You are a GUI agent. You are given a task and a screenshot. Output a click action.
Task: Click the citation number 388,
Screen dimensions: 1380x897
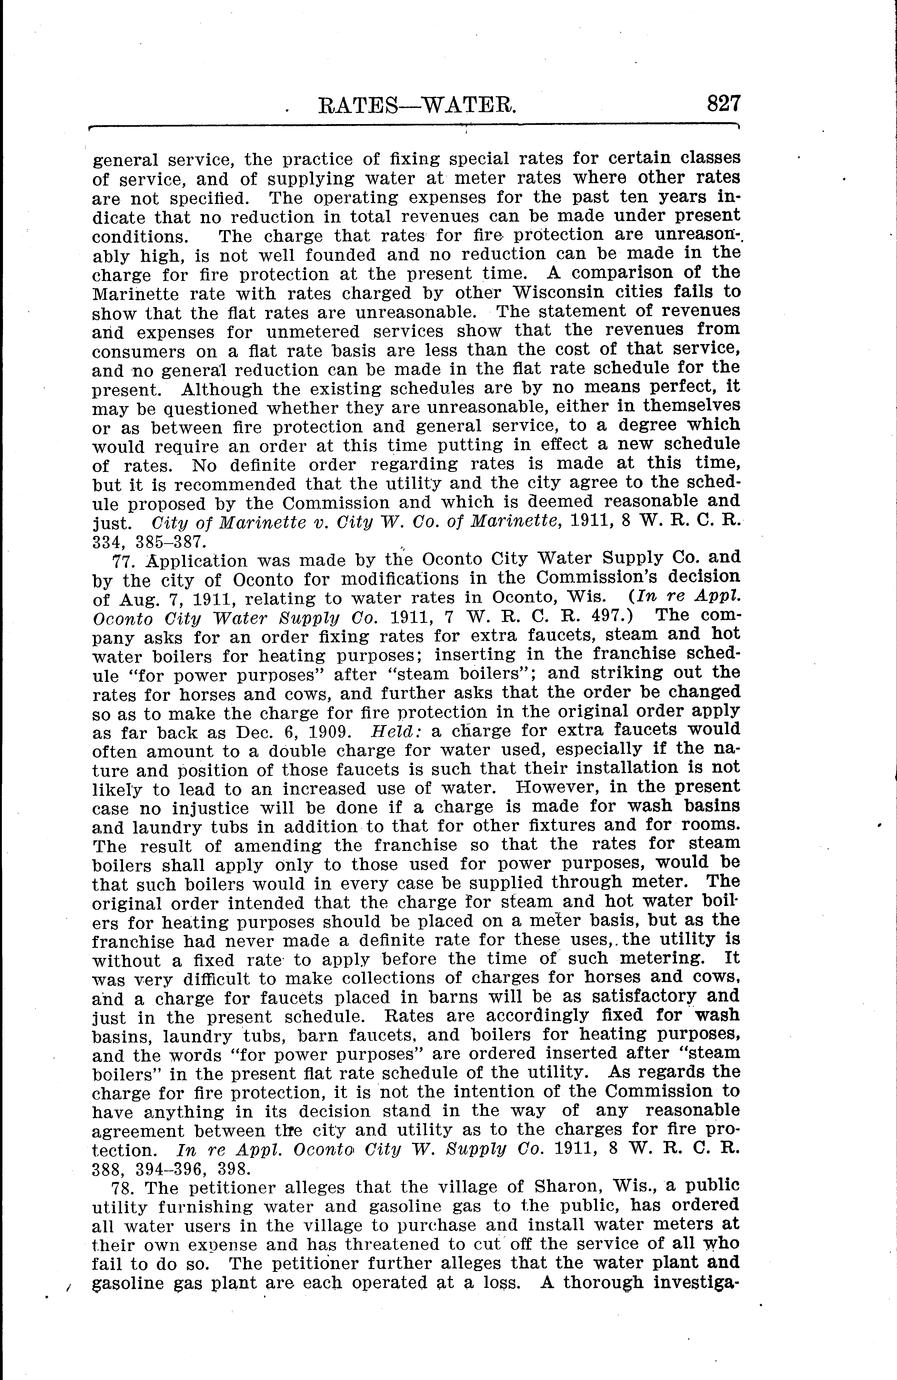point(110,1167)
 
